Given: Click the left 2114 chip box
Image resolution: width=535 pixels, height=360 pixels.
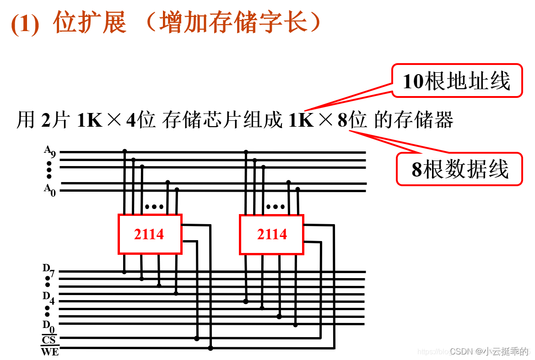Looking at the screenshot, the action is point(150,234).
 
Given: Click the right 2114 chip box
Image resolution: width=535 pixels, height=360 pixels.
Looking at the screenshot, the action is point(271,234).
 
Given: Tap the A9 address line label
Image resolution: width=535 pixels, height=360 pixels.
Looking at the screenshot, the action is point(49,151).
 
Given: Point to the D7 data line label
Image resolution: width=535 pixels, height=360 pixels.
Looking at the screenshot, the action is point(49,270).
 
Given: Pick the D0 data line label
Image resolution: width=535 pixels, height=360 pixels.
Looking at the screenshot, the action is point(49,327).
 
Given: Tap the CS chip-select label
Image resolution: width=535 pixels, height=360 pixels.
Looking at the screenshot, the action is point(49,340).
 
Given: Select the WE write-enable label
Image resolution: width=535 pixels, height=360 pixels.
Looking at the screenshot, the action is point(49,352).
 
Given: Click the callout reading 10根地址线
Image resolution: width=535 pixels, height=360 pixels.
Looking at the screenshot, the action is point(456,81).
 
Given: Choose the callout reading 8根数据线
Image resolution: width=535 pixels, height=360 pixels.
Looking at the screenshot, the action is point(459,169).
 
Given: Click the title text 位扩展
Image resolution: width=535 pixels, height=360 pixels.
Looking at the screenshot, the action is point(90,22).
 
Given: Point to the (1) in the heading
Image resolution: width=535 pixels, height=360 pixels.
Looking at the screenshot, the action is point(25,24).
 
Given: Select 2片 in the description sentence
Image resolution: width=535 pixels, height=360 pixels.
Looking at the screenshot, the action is point(55,121).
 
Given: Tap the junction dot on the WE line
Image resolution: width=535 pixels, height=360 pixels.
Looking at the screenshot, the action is point(211,348).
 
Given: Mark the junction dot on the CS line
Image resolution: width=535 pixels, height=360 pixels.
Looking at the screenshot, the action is point(197,339).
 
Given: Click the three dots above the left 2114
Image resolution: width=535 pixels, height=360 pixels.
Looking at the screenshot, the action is point(154,207).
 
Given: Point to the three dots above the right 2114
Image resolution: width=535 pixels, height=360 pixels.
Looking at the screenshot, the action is point(276,207).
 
